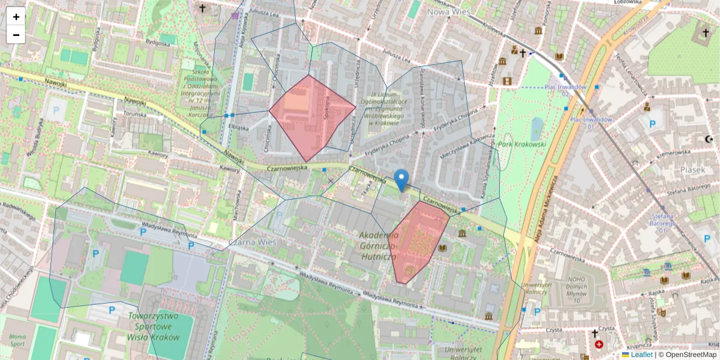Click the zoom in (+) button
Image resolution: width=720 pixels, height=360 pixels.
pyautogui.click(x=16, y=17)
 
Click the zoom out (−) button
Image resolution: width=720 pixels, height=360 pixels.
pyautogui.click(x=16, y=35)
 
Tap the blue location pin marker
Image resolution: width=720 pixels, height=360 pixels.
pyautogui.click(x=401, y=179)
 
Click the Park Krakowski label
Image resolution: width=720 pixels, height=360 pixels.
pyautogui.click(x=522, y=145)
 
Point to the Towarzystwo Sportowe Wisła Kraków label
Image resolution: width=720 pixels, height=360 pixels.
pyautogui.click(x=154, y=326)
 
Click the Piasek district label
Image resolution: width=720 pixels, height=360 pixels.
pyautogui.click(x=692, y=170)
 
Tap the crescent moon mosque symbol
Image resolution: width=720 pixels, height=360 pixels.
pyautogui.click(x=709, y=139)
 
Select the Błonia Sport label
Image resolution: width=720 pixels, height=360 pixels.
pyautogui.click(x=17, y=340)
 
